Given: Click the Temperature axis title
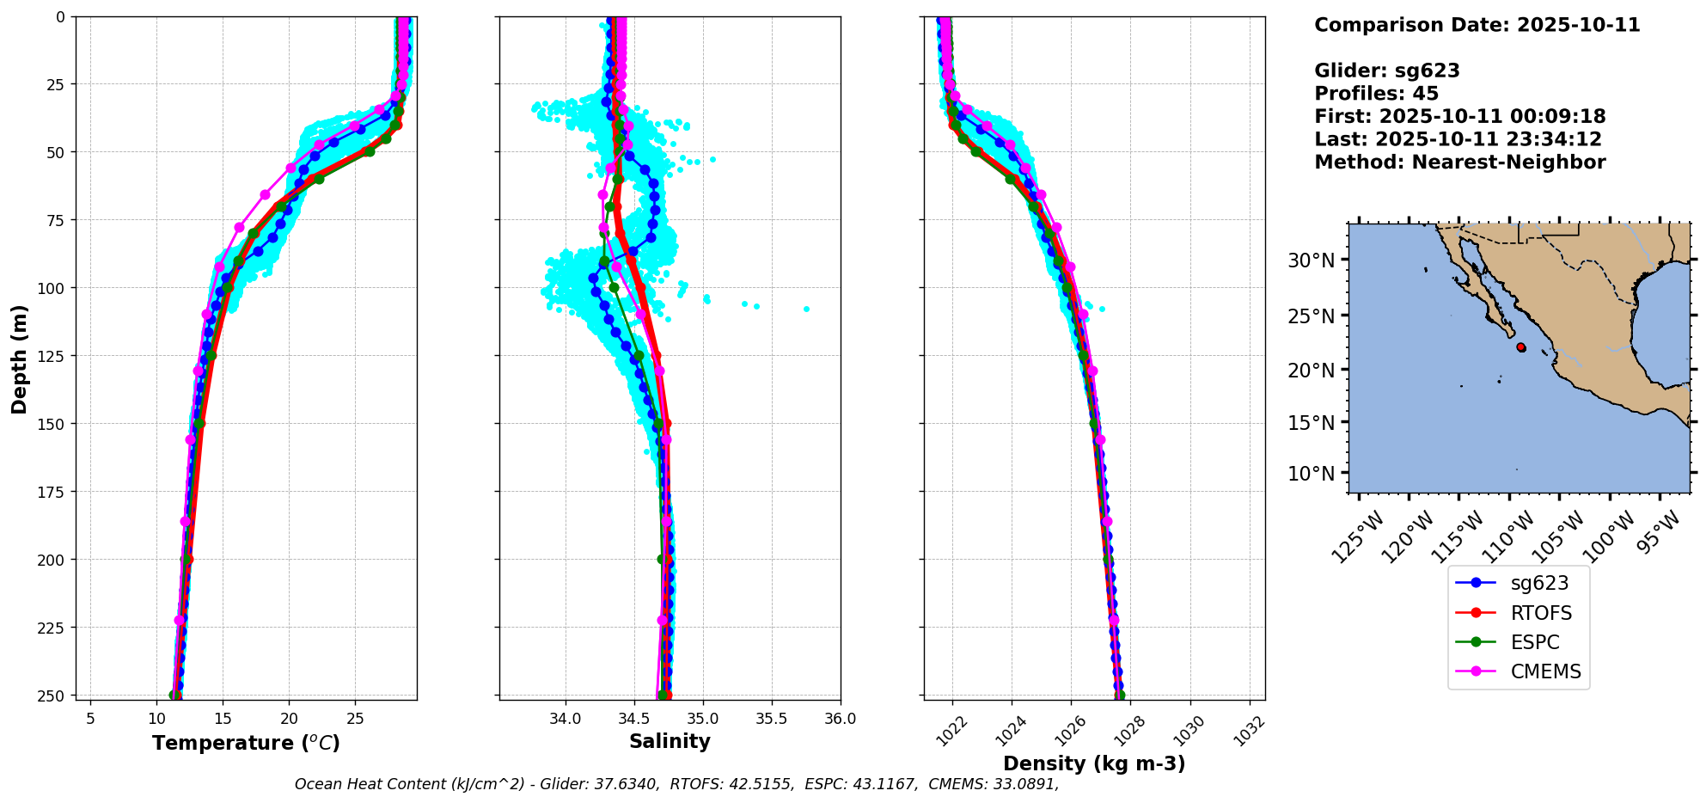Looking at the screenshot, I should point(246,743).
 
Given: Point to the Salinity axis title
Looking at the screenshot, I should point(670,741).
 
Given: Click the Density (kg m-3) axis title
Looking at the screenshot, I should point(1094,763).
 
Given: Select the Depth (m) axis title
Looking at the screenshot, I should point(19,359).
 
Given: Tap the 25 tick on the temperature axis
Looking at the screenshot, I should point(355,719).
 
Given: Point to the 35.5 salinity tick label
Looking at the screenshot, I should point(771,719).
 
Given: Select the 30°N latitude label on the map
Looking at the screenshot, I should point(1311,261).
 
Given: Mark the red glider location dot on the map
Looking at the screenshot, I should point(1521,347).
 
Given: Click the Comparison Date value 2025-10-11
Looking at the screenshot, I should point(1578,25).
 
